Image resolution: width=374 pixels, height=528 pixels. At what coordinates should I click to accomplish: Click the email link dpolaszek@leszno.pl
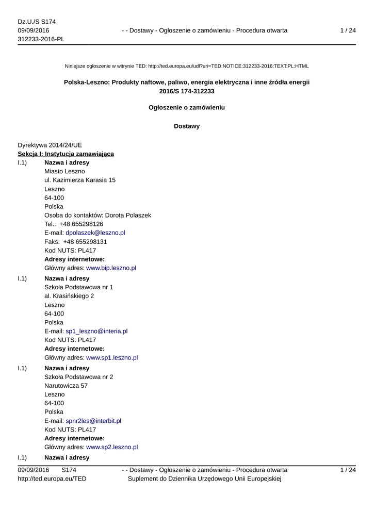tap(95, 233)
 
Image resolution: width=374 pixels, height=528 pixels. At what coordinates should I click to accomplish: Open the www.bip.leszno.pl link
tap(111, 268)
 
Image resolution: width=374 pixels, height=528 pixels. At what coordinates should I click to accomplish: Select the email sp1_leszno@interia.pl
tap(96, 331)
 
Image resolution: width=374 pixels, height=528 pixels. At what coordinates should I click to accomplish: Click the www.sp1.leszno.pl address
tap(112, 358)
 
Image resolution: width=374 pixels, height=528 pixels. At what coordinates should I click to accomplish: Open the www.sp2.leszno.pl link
tap(112, 448)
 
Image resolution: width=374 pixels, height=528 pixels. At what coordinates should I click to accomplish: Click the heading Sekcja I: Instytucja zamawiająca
tap(66, 154)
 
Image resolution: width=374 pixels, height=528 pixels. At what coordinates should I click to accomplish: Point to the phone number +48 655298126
tap(81, 224)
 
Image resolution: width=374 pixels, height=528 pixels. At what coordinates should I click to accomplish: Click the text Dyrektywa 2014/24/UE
tap(50, 145)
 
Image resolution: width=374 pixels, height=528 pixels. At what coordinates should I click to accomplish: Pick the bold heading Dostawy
tap(187, 126)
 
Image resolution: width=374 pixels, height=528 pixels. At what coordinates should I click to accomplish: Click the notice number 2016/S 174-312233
tap(187, 91)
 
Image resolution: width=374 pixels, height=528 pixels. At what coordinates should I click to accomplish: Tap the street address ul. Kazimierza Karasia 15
tap(80, 180)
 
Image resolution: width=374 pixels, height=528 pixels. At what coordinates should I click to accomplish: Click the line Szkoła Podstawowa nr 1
tap(79, 287)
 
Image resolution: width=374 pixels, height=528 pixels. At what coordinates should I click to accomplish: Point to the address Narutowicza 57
tap(66, 386)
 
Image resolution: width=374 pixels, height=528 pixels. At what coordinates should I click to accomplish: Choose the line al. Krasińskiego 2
tap(69, 296)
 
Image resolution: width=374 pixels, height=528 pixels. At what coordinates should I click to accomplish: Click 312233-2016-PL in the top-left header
tap(41, 40)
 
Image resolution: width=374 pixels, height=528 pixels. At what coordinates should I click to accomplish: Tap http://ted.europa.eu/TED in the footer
tap(52, 479)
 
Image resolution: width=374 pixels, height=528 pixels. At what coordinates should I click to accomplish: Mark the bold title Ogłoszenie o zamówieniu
tap(187, 108)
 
